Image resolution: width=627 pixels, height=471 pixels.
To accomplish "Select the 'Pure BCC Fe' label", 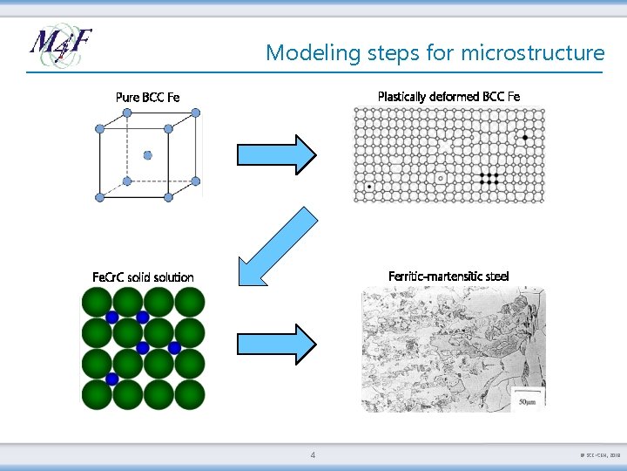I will click(x=147, y=97).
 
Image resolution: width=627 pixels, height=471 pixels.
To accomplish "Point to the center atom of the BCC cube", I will click(x=147, y=155).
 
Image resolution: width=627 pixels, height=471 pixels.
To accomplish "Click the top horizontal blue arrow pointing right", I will click(x=278, y=154).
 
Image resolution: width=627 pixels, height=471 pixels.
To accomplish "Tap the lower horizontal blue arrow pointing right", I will click(x=278, y=343).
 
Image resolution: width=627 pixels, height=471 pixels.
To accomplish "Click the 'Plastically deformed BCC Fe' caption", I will click(x=448, y=96).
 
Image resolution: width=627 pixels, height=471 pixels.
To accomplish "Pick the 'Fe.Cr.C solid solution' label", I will click(x=143, y=277).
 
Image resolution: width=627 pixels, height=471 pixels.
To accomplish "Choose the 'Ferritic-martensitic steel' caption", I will click(x=448, y=276).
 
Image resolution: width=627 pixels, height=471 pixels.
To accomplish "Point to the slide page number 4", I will click(x=313, y=455).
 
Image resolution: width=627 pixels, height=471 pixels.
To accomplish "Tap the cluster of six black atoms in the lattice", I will click(x=489, y=179).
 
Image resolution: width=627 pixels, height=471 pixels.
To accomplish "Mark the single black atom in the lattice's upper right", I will click(x=525, y=138).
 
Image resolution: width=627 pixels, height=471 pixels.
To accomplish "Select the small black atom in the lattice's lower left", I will click(x=370, y=186).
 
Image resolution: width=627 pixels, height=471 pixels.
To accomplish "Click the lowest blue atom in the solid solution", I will click(x=111, y=379).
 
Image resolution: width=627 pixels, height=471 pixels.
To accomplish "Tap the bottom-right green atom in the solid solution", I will click(x=189, y=394).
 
